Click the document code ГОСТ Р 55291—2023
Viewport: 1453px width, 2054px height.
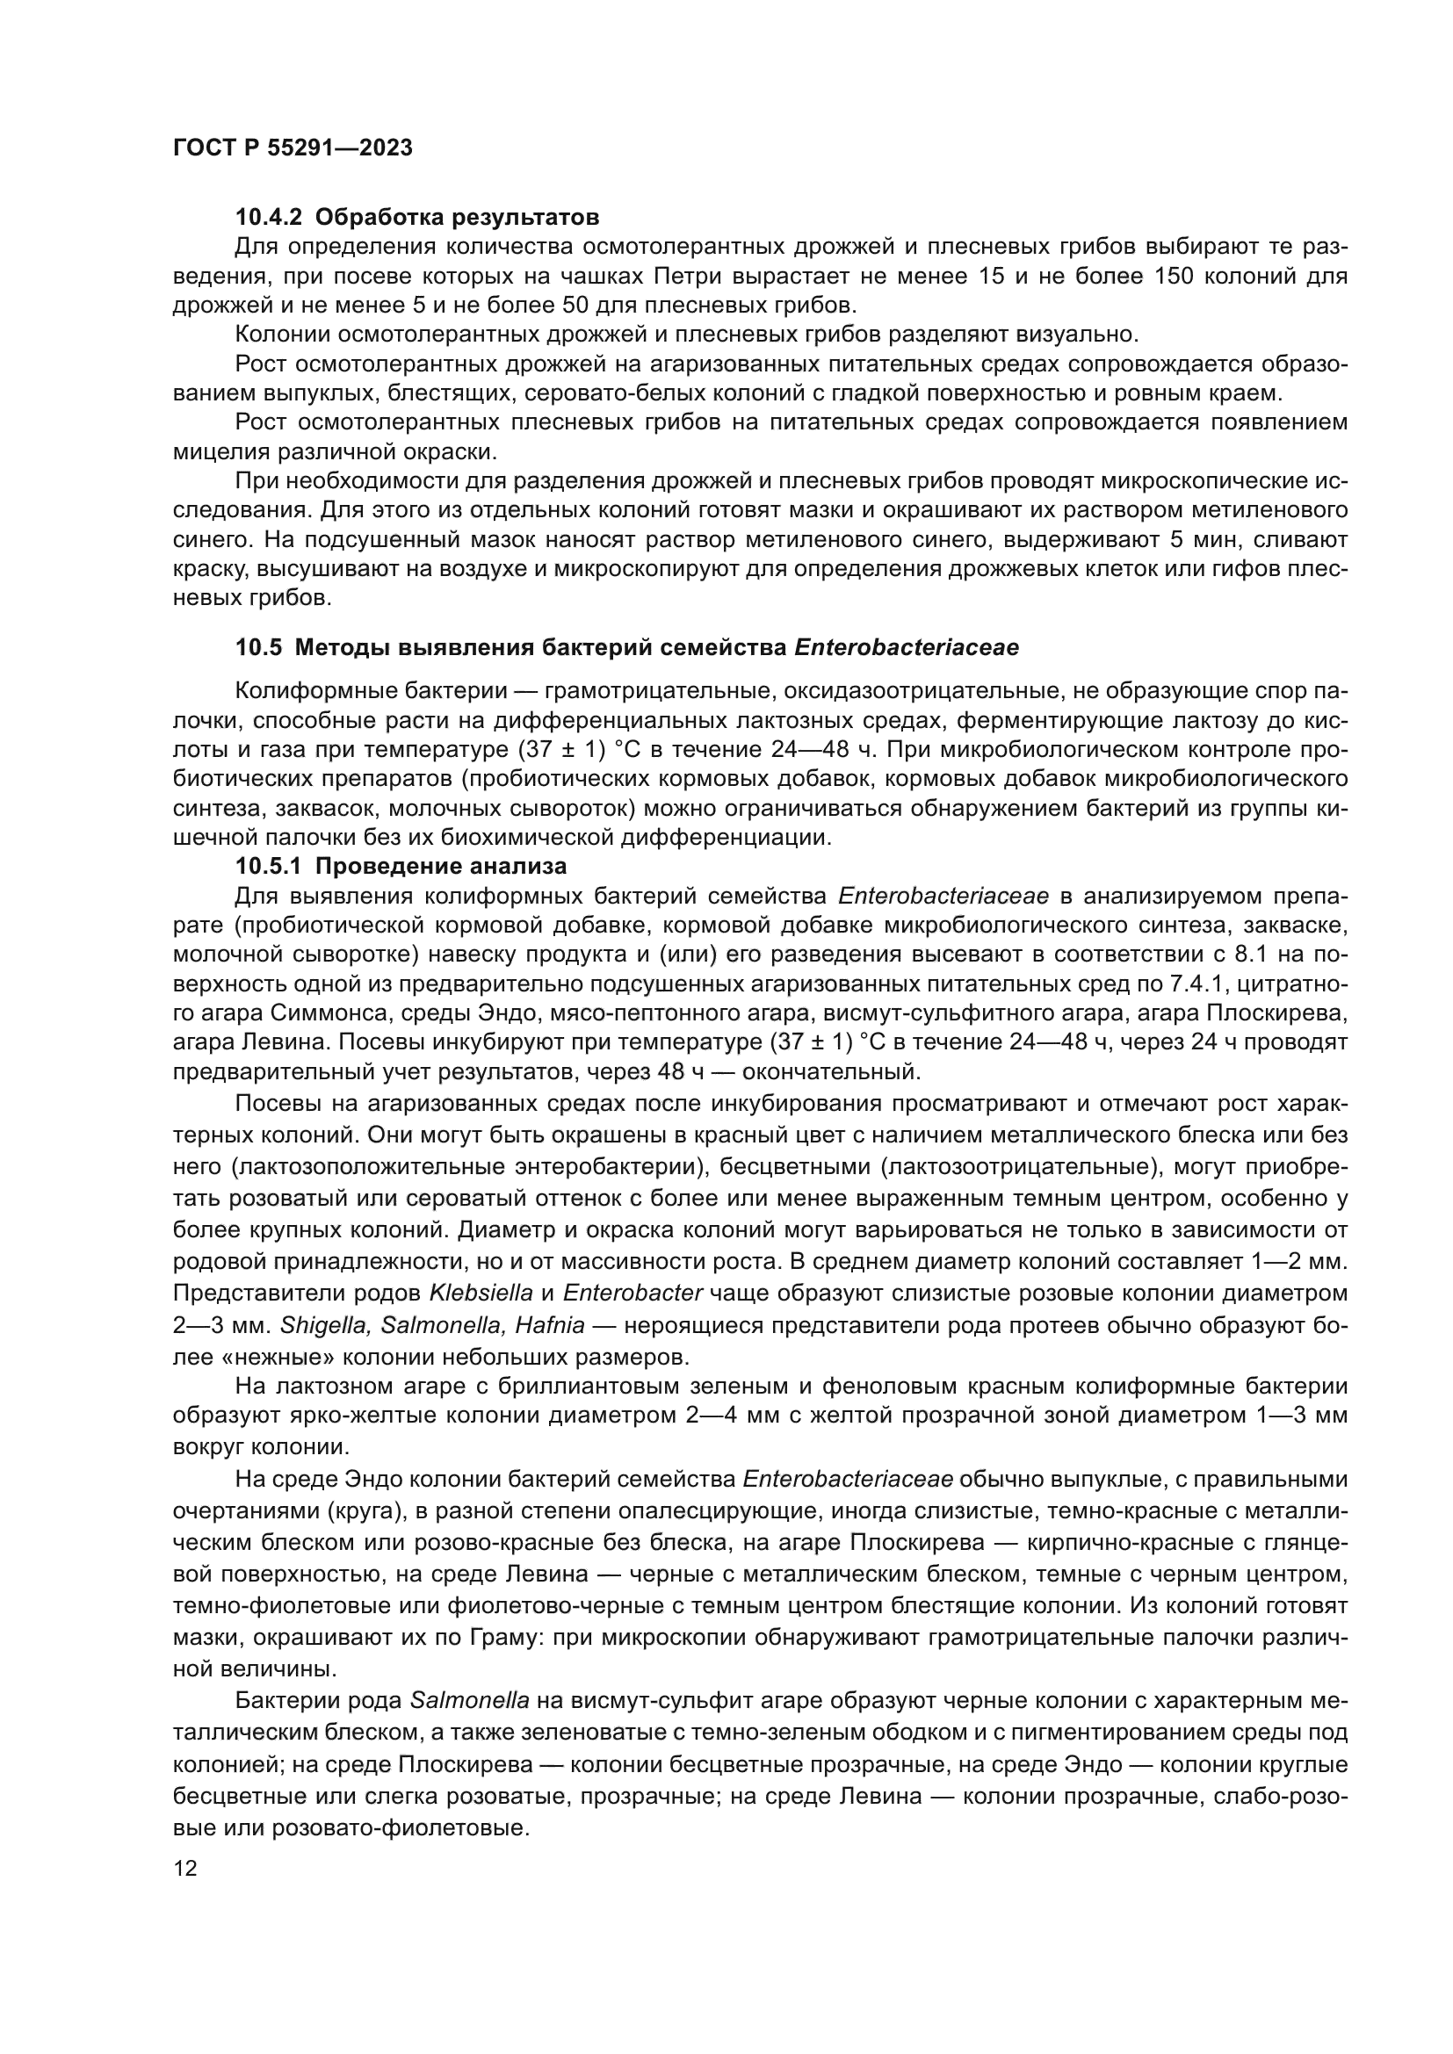(x=293, y=148)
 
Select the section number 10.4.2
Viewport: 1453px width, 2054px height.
(x=270, y=218)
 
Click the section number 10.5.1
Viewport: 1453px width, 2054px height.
(x=270, y=866)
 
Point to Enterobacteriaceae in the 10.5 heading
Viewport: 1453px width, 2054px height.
(x=906, y=648)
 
